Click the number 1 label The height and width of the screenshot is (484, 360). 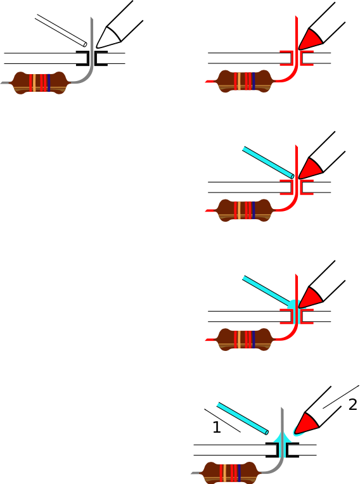tap(217, 427)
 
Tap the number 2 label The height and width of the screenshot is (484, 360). tap(352, 404)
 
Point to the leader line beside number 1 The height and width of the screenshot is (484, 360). tap(222, 421)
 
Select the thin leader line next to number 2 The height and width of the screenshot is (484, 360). tap(341, 397)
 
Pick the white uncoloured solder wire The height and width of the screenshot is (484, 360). tap(61, 30)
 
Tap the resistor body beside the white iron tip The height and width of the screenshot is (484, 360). tap(39, 83)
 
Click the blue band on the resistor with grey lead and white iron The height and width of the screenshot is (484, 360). tap(48, 83)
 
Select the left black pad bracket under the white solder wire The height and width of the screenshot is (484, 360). tap(83, 58)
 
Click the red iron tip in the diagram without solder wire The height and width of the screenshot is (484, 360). tap(311, 39)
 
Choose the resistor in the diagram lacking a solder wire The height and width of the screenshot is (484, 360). tap(245, 81)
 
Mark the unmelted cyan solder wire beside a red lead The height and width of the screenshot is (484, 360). tap(268, 162)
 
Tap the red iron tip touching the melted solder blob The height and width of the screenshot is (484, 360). tap(311, 298)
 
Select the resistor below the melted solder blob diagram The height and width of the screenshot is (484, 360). tap(245, 340)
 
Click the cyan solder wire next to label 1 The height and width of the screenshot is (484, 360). tap(242, 418)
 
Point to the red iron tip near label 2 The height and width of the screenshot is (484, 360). tap(306, 423)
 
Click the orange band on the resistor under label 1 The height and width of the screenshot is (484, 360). tap(224, 473)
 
